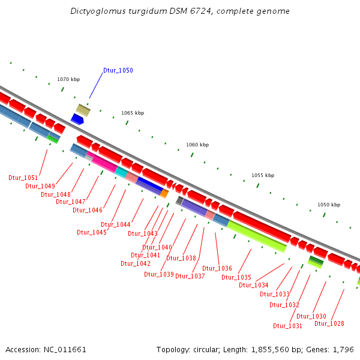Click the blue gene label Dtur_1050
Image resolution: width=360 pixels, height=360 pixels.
coord(118,70)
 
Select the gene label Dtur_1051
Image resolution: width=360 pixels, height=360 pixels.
coord(23,178)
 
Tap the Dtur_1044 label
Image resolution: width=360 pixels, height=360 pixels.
coord(116,224)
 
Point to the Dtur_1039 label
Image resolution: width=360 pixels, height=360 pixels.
coord(159,274)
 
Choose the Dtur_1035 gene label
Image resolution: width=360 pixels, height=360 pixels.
coord(236,277)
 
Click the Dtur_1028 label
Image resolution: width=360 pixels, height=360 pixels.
coord(329,323)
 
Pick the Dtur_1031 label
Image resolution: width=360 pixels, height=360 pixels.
coord(288,326)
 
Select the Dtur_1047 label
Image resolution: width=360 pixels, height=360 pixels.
coord(71,202)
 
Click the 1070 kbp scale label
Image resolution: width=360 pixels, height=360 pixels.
coord(68,79)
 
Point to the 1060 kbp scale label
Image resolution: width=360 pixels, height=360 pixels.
coord(197,145)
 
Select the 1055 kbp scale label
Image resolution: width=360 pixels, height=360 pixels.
coord(262,175)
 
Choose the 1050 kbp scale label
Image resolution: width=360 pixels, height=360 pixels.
coord(328,205)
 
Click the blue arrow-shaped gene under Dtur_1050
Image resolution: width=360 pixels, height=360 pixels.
coord(77,119)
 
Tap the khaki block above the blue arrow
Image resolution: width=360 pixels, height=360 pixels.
coord(83,110)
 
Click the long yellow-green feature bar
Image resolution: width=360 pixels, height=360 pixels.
coord(256,236)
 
